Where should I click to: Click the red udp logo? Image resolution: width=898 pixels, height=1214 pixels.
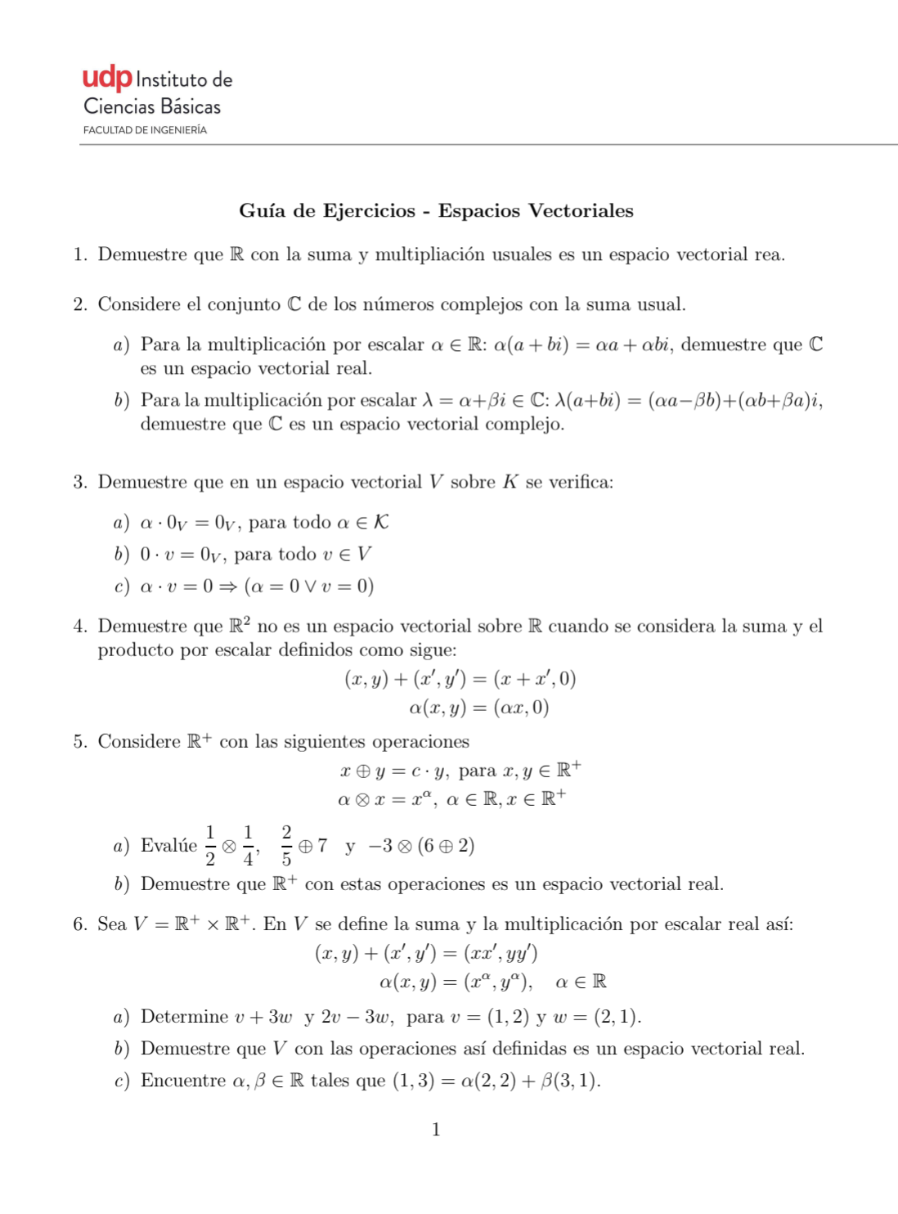coord(107,79)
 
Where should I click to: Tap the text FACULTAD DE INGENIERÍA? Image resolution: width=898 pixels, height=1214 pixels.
coord(145,130)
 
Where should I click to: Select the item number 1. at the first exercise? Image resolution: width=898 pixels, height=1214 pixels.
coord(80,255)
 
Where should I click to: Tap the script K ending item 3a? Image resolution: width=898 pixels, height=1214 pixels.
coord(380,523)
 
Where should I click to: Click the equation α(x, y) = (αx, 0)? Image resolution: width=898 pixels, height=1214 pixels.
coord(478,708)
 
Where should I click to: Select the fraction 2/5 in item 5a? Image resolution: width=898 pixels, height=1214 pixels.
coord(286,846)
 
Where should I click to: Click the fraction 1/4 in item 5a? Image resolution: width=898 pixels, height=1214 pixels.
coord(248,846)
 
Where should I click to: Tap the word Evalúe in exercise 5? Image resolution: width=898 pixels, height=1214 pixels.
coord(168,846)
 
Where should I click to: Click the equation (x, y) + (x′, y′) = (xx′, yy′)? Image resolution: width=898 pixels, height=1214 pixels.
coord(426,954)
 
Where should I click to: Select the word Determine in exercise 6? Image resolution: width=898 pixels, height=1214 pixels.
coord(184,1017)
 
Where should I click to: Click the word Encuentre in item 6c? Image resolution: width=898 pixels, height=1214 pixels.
coord(184,1081)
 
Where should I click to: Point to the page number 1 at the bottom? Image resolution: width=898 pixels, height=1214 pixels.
coord(436,1131)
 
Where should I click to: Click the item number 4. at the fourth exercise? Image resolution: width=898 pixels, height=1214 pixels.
coord(80,627)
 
